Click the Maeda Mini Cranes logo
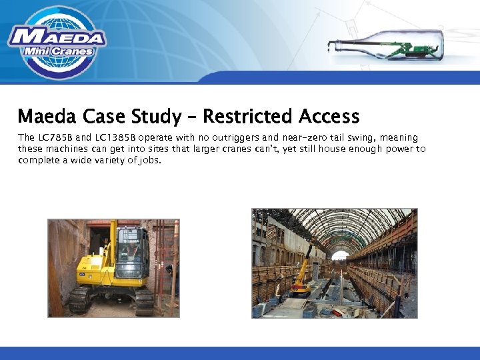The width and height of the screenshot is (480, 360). point(57,41)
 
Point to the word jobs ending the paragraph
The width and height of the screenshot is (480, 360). point(149,160)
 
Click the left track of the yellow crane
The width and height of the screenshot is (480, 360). point(79,300)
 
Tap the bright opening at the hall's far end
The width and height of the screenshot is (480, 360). point(341,256)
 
